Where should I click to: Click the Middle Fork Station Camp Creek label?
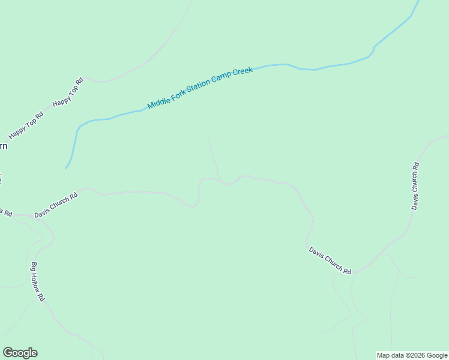tap(200, 88)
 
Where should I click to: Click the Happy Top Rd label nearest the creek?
tap(68, 92)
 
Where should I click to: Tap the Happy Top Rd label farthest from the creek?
tap(26, 126)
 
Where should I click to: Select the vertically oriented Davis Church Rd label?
tap(415, 185)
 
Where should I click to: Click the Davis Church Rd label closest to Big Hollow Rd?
tap(56, 205)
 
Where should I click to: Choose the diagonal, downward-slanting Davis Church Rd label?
tap(330, 260)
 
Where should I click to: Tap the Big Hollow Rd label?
tap(38, 281)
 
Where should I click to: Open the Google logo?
tap(20, 353)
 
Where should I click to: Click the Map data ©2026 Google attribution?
tap(412, 355)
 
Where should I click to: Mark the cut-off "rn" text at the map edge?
tap(3, 146)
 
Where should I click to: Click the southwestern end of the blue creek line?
tap(66, 168)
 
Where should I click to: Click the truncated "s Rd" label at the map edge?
tap(5, 212)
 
